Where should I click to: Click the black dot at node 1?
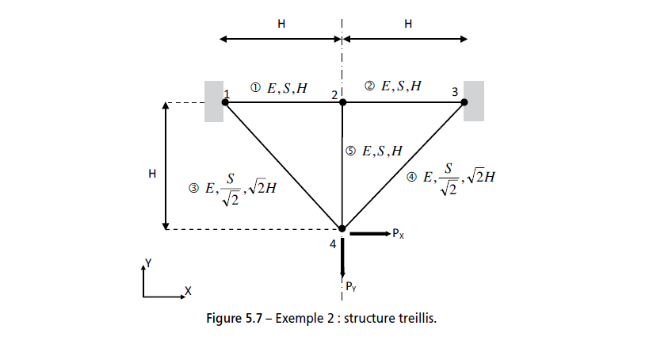tap(227, 101)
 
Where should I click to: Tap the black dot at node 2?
tap(342, 101)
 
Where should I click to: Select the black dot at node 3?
tap(464, 101)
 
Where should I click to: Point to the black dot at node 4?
tap(342, 229)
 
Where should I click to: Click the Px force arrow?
tap(369, 234)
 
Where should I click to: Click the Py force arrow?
tap(342, 258)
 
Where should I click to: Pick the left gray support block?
tap(213, 101)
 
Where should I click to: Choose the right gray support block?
tap(475, 101)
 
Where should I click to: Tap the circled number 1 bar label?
tap(255, 88)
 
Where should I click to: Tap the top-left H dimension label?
tap(281, 25)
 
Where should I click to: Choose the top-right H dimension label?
tap(408, 25)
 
